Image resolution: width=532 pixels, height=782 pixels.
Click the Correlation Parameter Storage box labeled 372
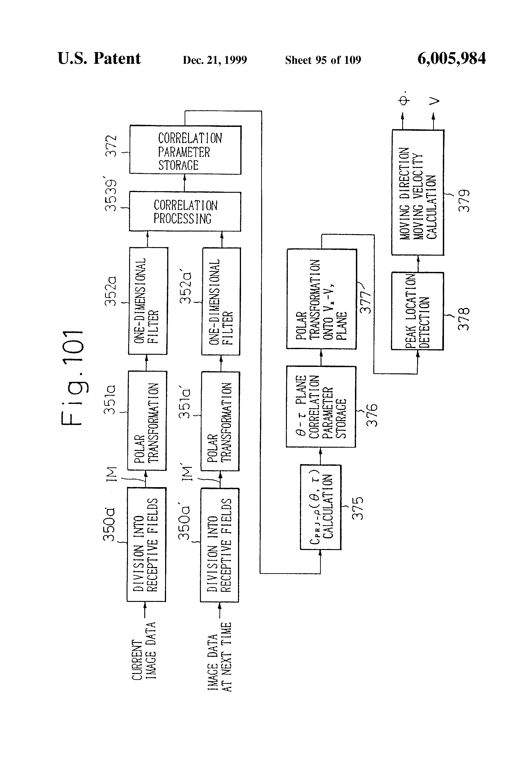click(185, 150)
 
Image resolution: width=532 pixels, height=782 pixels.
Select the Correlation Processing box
click(185, 212)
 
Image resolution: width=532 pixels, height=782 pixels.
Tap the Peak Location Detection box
click(417, 311)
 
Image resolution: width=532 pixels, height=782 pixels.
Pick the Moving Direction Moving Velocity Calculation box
click(418, 193)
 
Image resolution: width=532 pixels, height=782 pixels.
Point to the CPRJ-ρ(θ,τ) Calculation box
click(321, 507)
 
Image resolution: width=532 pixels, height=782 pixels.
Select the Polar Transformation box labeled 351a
click(147, 421)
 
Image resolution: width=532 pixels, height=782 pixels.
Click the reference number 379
click(464, 201)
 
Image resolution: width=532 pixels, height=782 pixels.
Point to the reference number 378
click(464, 319)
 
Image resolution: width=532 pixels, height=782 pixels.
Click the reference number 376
click(371, 415)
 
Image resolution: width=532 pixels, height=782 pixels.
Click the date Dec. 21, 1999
click(215, 60)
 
